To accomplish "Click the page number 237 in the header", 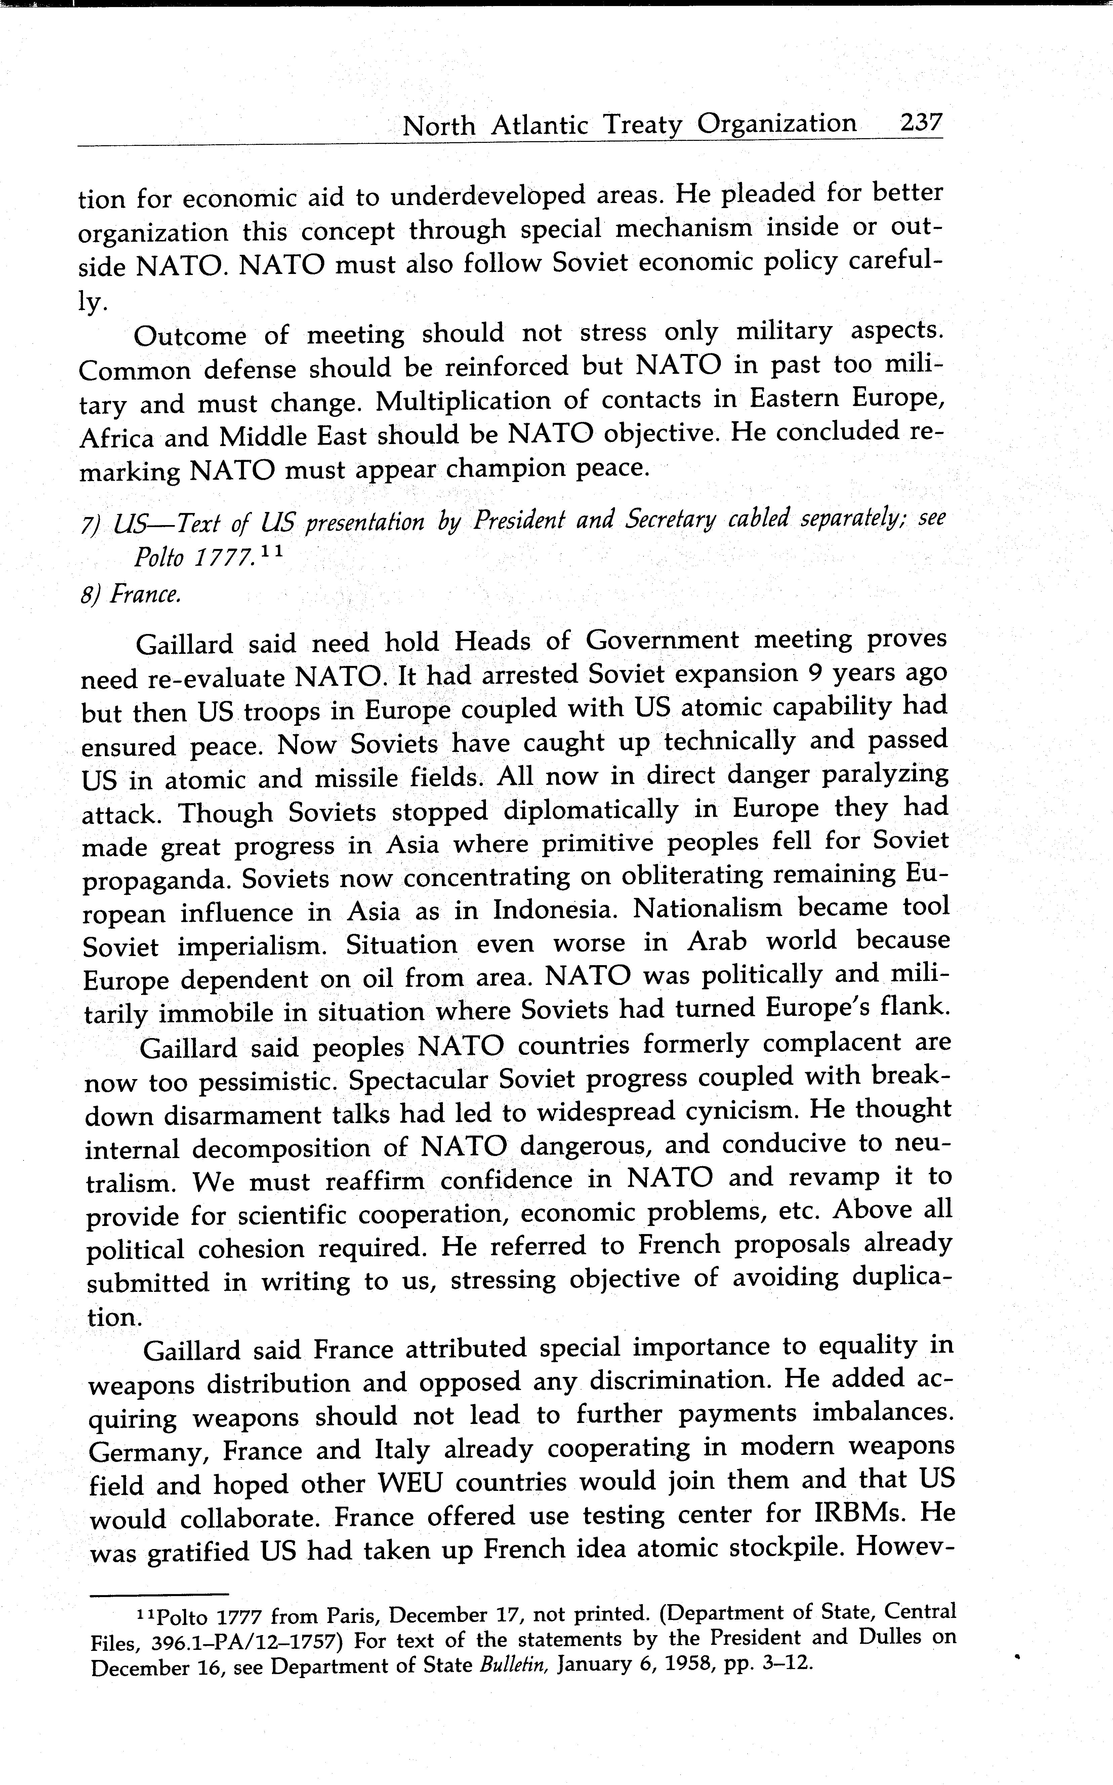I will pyautogui.click(x=920, y=122).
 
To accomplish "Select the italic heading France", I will pyautogui.click(x=145, y=594).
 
